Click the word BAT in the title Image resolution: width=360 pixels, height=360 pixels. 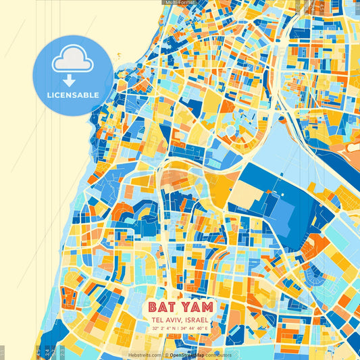coord(162,307)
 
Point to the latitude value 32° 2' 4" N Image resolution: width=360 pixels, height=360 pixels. coord(165,328)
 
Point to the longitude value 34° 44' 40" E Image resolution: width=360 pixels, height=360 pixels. coord(196,328)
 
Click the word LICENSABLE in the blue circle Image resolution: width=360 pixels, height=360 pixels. coord(73,95)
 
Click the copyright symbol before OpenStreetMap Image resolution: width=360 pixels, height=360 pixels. coord(166,355)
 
